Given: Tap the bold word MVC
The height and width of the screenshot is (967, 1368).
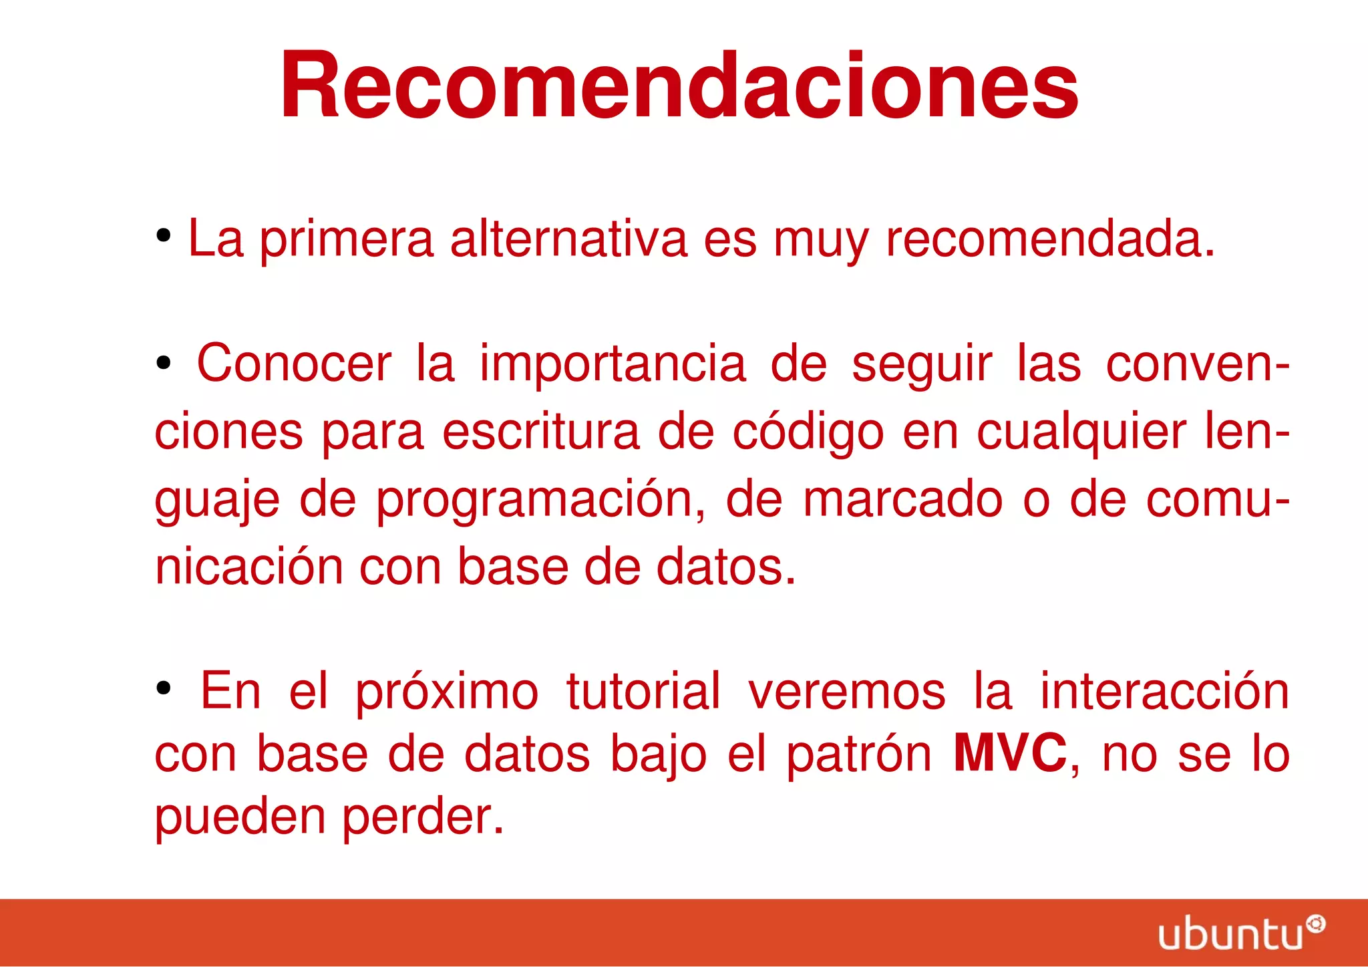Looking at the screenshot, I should (x=1009, y=753).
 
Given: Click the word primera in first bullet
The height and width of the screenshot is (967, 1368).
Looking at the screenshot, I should (x=347, y=239).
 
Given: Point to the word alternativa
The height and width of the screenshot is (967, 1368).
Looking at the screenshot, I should (x=568, y=239).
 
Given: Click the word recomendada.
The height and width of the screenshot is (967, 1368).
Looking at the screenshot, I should (x=1049, y=239).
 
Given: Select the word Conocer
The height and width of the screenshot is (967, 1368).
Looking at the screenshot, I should (x=294, y=364).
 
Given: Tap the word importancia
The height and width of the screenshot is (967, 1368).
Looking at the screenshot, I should (x=613, y=364).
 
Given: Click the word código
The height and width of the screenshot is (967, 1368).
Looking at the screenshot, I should (x=808, y=432).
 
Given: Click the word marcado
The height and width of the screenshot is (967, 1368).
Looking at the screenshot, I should (x=902, y=500).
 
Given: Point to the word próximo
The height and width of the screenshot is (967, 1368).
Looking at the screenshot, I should (x=446, y=692).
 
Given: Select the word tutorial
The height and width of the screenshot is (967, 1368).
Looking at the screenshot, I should (x=643, y=692).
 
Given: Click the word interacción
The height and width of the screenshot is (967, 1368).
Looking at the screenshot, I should (x=1164, y=692).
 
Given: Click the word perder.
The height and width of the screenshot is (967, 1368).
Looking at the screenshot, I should (x=423, y=817).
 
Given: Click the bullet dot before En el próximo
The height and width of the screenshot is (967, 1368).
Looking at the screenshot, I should (x=164, y=688).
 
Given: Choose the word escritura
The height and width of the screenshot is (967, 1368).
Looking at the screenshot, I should (x=541, y=432).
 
